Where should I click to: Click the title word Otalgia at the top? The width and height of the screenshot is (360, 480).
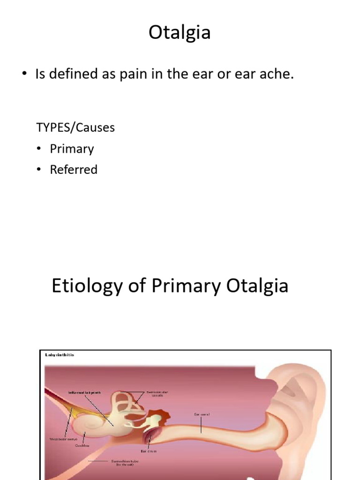click(180, 33)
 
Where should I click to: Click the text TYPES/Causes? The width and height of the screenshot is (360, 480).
click(75, 127)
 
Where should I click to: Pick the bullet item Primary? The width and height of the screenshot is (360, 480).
click(72, 149)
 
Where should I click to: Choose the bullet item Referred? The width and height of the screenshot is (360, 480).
click(74, 170)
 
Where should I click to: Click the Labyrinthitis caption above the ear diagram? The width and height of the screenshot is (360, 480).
click(60, 355)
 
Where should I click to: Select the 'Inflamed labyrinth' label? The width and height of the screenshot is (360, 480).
click(84, 392)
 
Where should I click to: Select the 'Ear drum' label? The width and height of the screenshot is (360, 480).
click(148, 451)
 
